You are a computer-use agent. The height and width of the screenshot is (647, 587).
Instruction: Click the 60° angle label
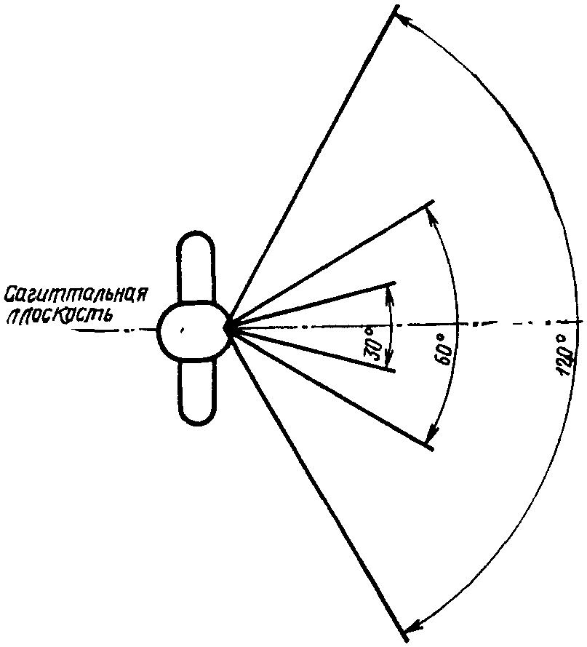[447, 354]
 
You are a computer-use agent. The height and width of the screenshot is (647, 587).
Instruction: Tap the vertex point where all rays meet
[230, 328]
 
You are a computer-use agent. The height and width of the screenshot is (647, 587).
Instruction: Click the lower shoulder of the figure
[196, 393]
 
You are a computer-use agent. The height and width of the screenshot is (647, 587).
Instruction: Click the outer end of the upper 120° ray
[396, 8]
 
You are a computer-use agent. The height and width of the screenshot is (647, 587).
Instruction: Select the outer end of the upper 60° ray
[433, 202]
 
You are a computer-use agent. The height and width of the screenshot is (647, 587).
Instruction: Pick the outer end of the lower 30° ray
[395, 371]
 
